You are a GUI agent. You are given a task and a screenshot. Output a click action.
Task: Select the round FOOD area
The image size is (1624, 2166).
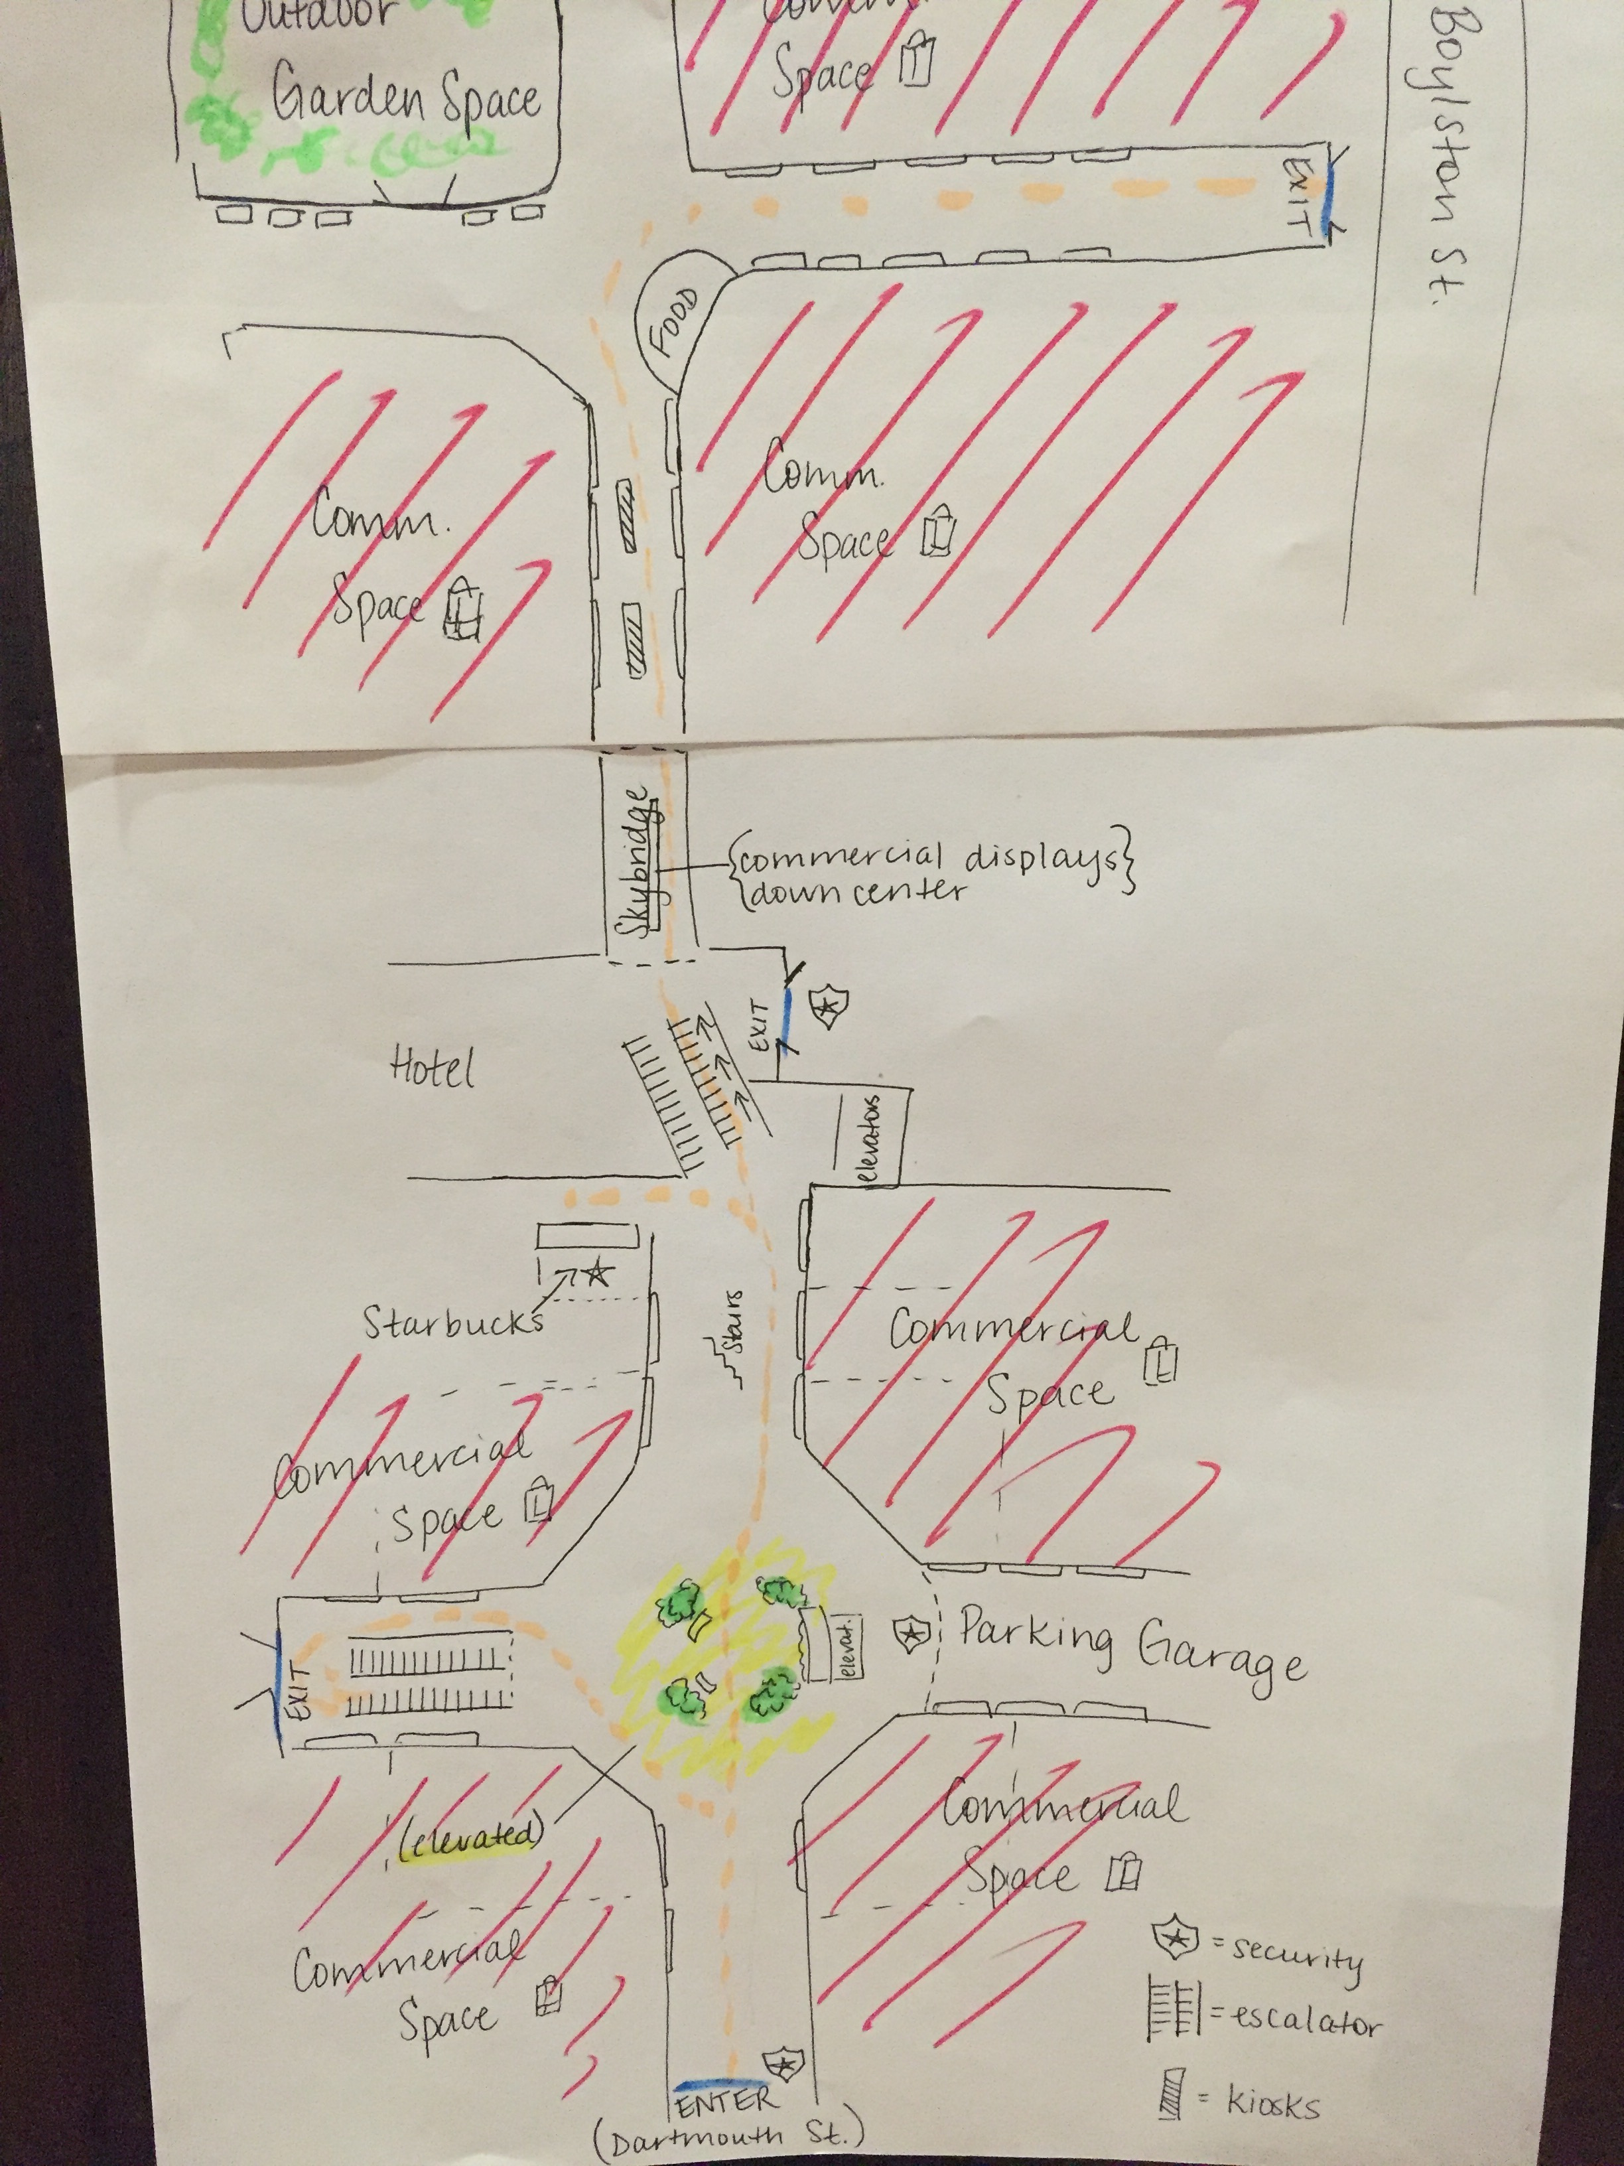pyautogui.click(x=679, y=321)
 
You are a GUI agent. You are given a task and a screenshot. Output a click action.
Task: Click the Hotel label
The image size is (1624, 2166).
pyautogui.click(x=433, y=1067)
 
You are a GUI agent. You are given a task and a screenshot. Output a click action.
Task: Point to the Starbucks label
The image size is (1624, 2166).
pyautogui.click(x=452, y=1323)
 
